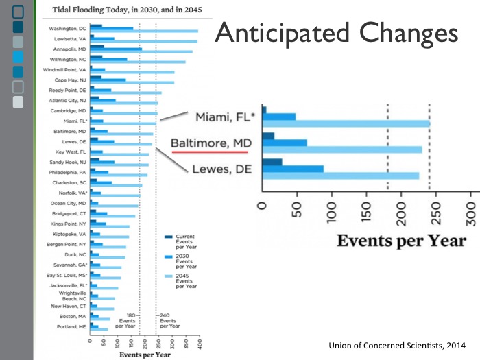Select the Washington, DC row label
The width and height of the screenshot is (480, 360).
68,29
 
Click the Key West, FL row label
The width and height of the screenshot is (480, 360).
71,152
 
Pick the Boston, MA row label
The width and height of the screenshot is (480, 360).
73,316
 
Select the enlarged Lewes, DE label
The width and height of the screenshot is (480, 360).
219,170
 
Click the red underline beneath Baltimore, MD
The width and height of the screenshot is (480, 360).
213,154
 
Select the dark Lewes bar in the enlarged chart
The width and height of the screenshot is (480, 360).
272,162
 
